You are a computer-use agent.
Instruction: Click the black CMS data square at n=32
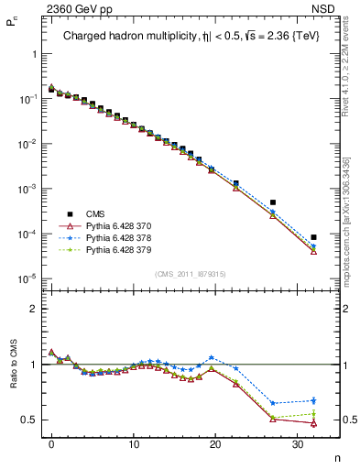point(313,237)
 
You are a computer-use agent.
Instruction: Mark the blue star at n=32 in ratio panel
point(313,400)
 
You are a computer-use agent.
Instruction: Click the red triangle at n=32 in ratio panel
point(313,422)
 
